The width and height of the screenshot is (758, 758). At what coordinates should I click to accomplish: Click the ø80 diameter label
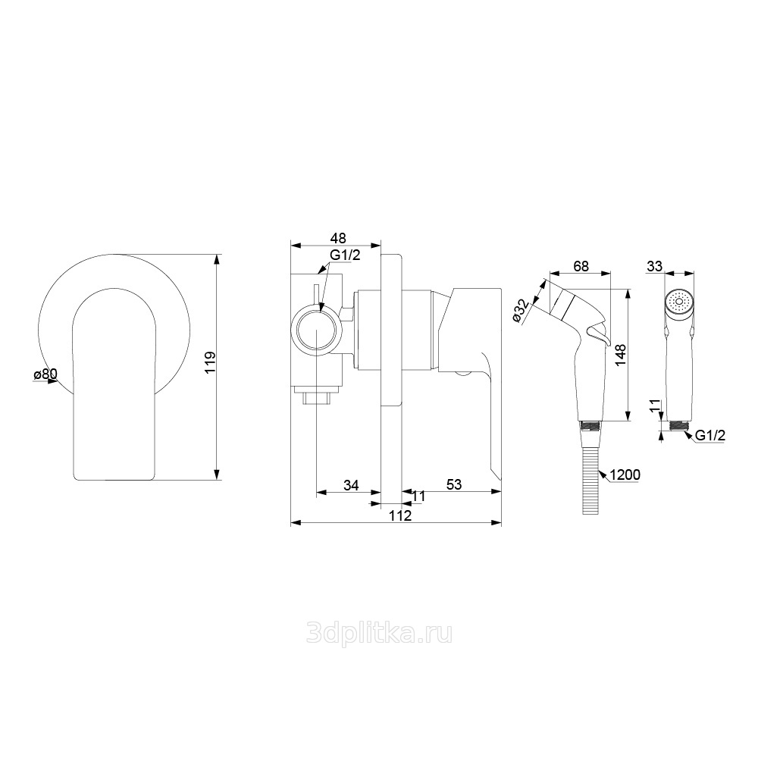(45, 374)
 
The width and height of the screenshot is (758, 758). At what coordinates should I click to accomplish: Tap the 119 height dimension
(210, 362)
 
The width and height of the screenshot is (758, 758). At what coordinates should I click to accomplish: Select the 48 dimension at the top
(338, 238)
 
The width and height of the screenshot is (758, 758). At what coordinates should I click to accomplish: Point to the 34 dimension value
(351, 484)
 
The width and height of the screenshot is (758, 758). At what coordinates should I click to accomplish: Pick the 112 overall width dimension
(401, 515)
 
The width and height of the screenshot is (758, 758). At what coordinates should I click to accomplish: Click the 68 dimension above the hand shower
(581, 266)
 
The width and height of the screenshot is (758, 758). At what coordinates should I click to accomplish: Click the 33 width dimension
(655, 266)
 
